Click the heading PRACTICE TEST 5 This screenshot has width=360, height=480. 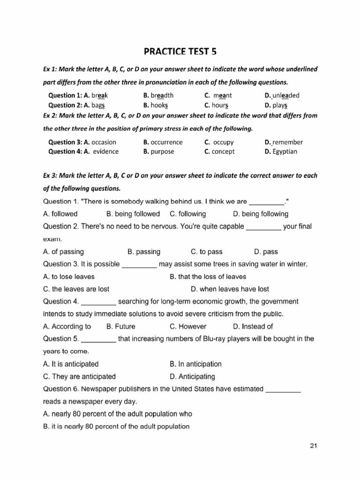pyautogui.click(x=180, y=50)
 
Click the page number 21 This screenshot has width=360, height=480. pyautogui.click(x=314, y=445)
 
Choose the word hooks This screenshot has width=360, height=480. pyautogui.click(x=159, y=105)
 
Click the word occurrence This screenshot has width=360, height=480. pyautogui.click(x=167, y=142)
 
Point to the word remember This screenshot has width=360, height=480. pyautogui.click(x=287, y=142)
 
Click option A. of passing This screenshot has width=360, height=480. pyautogui.click(x=63, y=252)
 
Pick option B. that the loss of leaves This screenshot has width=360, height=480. pyautogui.click(x=208, y=277)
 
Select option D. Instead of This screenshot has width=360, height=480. pyautogui.click(x=253, y=326)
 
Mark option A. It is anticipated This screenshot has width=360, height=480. pyautogui.click(x=71, y=364)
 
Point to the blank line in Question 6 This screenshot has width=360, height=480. pyautogui.click(x=283, y=389)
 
